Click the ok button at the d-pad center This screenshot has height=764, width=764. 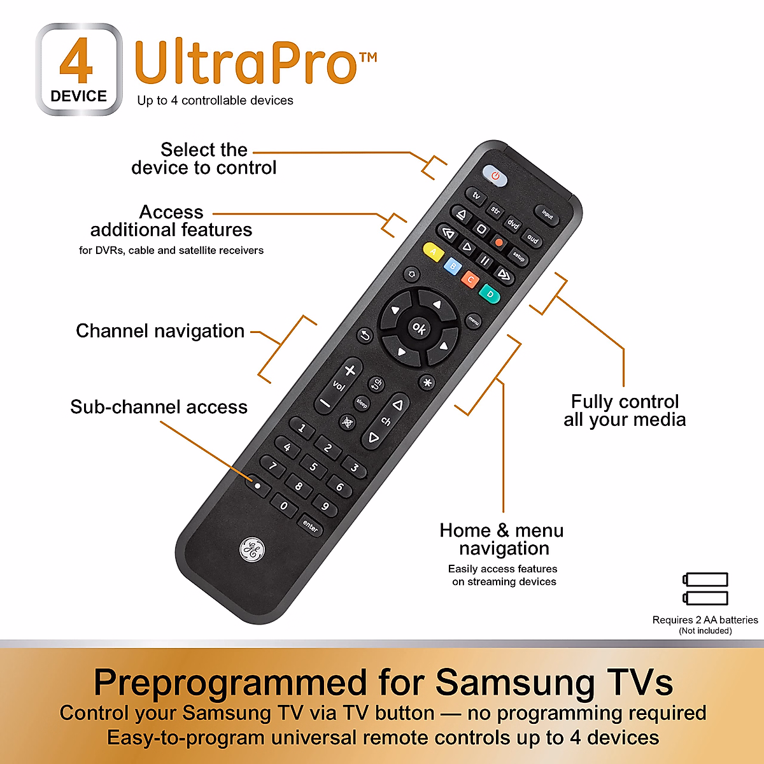click(419, 328)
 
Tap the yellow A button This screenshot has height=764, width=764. click(434, 251)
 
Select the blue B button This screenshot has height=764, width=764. click(452, 266)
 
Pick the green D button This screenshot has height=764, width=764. click(490, 294)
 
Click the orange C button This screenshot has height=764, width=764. click(470, 279)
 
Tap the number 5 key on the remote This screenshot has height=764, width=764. click(313, 467)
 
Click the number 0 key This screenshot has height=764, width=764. click(284, 507)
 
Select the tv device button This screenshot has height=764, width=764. click(476, 196)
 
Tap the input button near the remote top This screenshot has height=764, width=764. click(547, 215)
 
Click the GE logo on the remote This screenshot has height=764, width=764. click(251, 549)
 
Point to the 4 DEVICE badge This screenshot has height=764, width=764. click(79, 69)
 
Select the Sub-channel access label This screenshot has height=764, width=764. click(159, 407)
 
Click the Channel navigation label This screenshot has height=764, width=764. click(160, 331)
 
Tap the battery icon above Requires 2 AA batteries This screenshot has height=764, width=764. click(705, 588)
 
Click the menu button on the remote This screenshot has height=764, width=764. click(473, 320)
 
